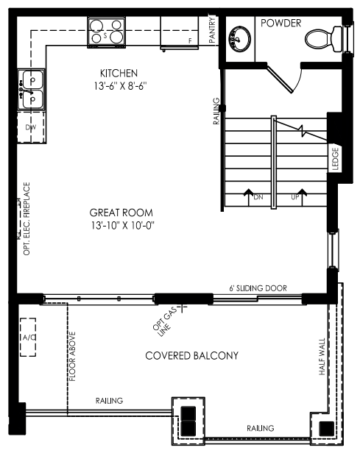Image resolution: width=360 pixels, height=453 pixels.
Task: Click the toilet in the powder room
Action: tap(324, 39)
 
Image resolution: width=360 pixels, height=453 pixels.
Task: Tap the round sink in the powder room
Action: tap(240, 39)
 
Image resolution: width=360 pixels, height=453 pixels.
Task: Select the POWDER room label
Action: tap(280, 23)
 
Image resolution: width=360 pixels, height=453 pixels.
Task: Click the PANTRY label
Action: tap(212, 30)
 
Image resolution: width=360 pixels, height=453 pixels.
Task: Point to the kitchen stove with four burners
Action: tap(107, 32)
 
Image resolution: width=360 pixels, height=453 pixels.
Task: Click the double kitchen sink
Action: tap(32, 89)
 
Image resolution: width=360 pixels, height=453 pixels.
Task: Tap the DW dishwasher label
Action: tap(31, 127)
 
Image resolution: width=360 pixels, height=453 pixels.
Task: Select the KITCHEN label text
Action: tap(119, 74)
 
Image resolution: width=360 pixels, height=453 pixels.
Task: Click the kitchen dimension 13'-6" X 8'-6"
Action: tap(120, 86)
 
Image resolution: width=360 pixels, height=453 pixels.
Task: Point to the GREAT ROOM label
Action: tap(121, 213)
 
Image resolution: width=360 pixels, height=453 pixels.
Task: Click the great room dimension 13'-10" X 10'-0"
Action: tap(123, 225)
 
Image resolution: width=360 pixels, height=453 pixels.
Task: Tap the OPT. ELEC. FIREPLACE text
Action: tap(27, 218)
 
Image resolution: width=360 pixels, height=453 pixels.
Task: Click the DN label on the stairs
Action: tap(258, 197)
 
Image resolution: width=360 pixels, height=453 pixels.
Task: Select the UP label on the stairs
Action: tap(295, 197)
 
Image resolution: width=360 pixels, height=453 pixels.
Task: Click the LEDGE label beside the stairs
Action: tap(335, 159)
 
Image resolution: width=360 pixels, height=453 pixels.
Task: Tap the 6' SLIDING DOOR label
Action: tap(258, 288)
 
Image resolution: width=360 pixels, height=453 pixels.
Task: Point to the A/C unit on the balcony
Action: tap(28, 337)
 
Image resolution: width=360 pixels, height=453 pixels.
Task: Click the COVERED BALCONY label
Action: tap(191, 356)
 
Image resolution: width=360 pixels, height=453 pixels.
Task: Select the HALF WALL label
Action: tap(322, 357)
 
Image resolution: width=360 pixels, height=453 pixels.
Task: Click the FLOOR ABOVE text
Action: tap(72, 356)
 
